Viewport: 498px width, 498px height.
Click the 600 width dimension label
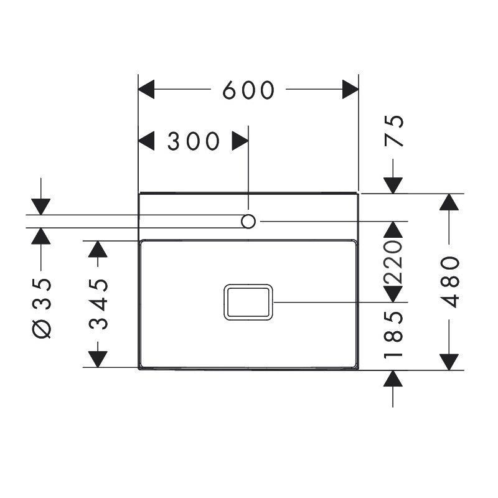[x=248, y=90]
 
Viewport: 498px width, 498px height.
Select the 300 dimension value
[x=194, y=141]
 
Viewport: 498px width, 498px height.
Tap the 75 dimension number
[x=394, y=131]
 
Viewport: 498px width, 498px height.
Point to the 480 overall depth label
[x=449, y=282]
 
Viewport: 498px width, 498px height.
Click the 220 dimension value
[x=393, y=262]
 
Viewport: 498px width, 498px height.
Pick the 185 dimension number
[x=393, y=335]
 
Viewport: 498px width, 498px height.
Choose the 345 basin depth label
[x=98, y=304]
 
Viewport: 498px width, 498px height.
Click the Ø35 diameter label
[x=42, y=308]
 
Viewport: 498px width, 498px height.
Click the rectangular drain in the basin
[x=248, y=302]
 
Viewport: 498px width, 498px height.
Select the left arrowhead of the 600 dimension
[x=146, y=89]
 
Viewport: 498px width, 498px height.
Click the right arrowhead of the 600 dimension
[x=350, y=89]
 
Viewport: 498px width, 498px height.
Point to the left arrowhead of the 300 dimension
[x=146, y=141]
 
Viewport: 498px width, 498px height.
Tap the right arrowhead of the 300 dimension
[x=240, y=141]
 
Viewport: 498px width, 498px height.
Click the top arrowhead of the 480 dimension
[x=449, y=202]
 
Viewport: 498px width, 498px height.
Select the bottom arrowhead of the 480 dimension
[x=449, y=362]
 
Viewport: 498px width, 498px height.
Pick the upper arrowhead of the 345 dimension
[x=98, y=249]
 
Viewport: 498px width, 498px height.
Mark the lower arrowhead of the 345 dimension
[x=98, y=359]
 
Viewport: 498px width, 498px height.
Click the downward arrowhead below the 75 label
[x=393, y=186]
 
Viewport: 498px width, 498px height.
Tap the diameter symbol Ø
[x=42, y=329]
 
